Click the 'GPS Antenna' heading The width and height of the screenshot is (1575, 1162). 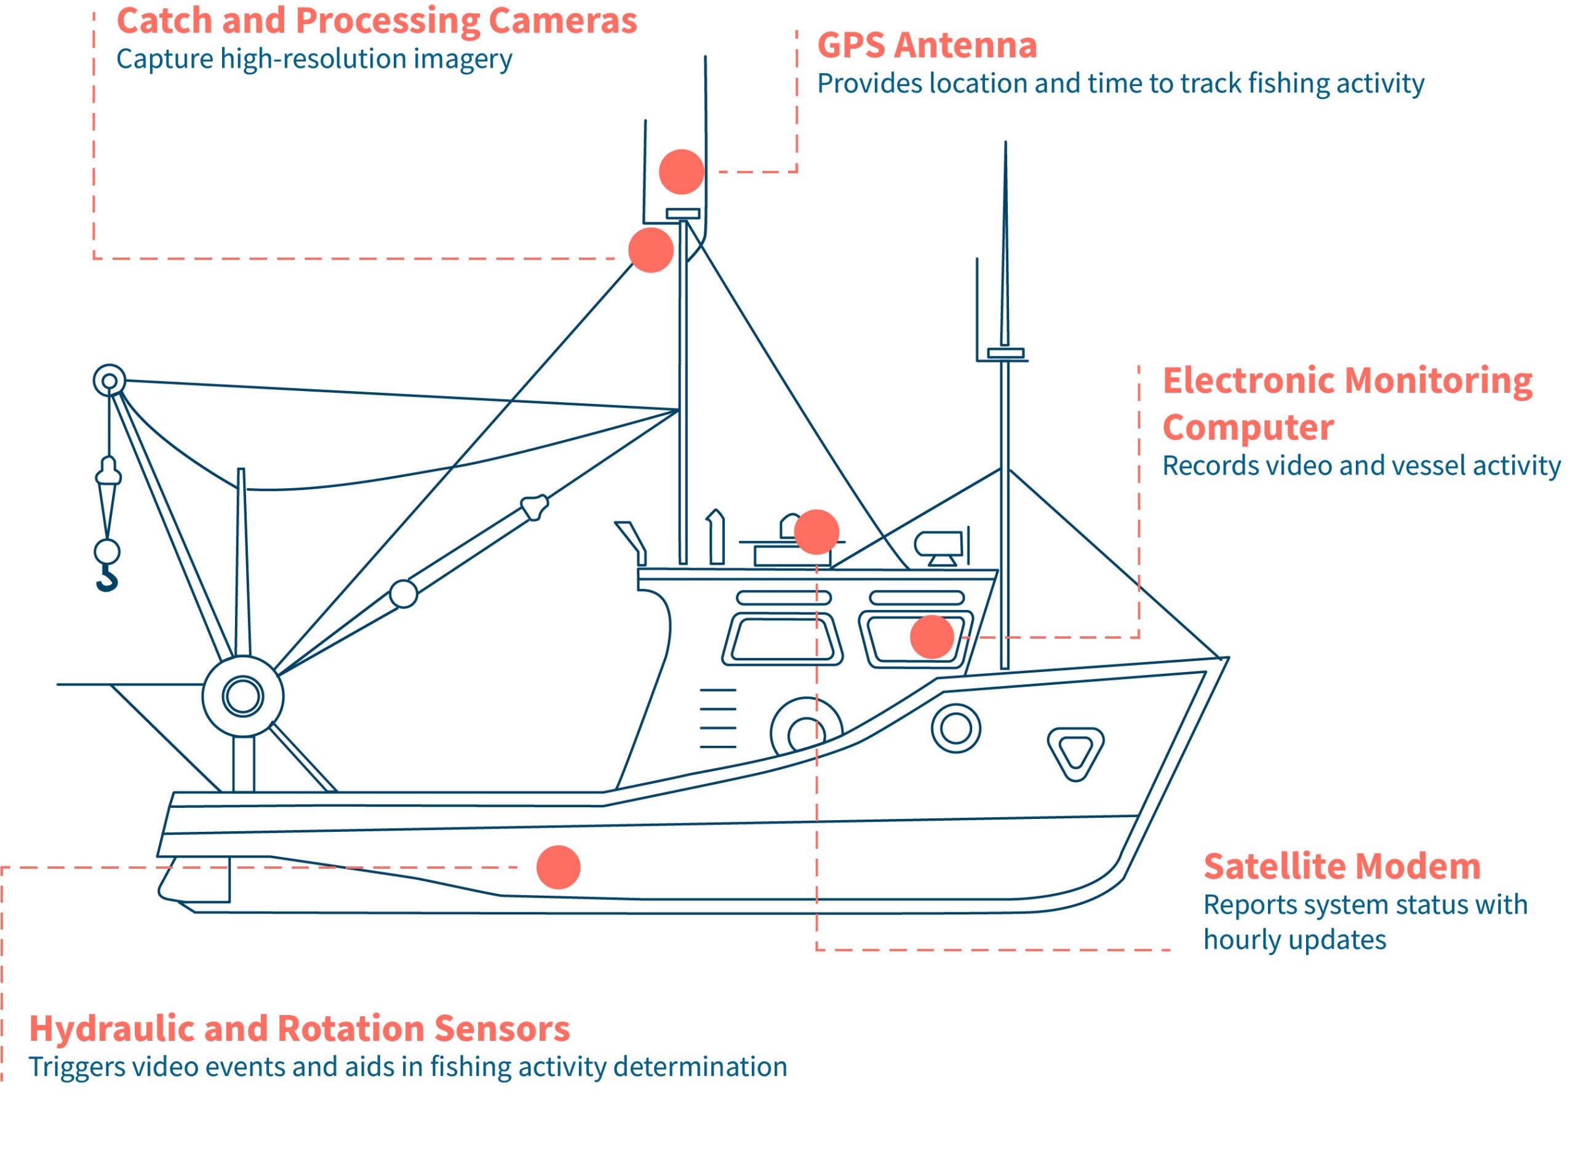pos(926,45)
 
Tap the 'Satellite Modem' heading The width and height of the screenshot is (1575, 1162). pos(1341,866)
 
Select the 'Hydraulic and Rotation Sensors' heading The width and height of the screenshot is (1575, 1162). pos(299,1029)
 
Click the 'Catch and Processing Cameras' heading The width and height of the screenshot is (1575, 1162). pos(377,20)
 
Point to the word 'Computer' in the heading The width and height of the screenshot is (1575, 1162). pos(1248,427)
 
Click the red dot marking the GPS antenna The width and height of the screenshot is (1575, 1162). pos(681,172)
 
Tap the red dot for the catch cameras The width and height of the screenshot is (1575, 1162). pos(650,250)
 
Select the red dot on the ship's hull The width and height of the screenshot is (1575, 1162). pos(558,868)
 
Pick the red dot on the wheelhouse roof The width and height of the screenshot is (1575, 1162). pos(816,532)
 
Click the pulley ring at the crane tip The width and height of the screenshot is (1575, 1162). pos(109,381)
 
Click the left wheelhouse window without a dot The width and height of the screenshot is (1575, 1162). pos(781,639)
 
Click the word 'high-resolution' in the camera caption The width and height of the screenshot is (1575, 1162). pos(313,59)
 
